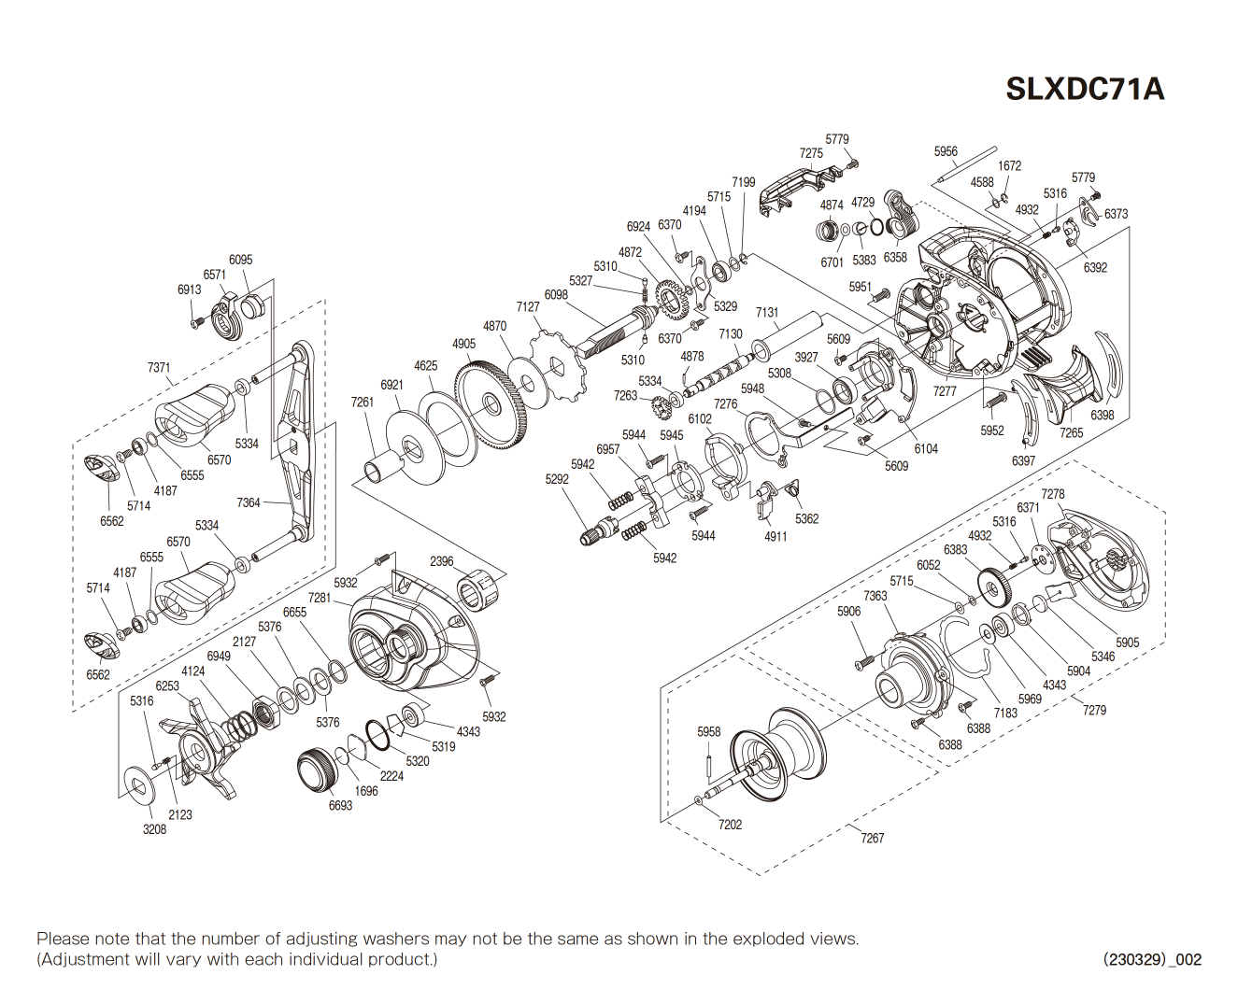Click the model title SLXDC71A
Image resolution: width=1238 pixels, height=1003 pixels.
[1084, 89]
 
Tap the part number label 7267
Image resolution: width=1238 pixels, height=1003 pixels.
[872, 838]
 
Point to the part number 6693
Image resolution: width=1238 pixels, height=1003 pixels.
[340, 805]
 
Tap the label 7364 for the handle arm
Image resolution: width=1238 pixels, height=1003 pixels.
[249, 502]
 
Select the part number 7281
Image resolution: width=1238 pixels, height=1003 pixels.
[320, 598]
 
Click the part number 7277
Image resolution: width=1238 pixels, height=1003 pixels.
[945, 390]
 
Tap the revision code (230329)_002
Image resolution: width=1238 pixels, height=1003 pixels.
[1152, 959]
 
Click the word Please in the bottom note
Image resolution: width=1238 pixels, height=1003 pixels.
[62, 939]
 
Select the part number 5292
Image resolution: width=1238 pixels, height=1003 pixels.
[557, 479]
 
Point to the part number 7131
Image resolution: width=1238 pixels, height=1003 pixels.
[767, 313]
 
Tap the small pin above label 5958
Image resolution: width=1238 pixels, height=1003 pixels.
[708, 765]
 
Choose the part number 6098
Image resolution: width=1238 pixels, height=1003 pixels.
[556, 294]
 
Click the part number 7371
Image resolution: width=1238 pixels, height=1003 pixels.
[159, 368]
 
